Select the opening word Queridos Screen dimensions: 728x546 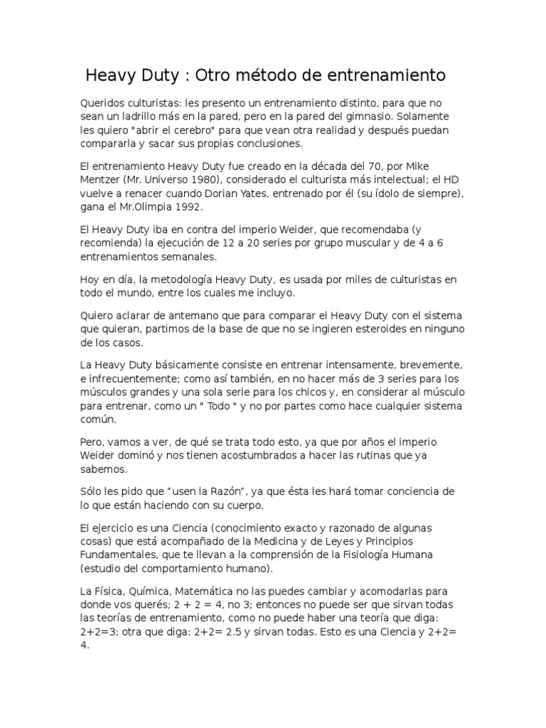[x=107, y=102]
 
